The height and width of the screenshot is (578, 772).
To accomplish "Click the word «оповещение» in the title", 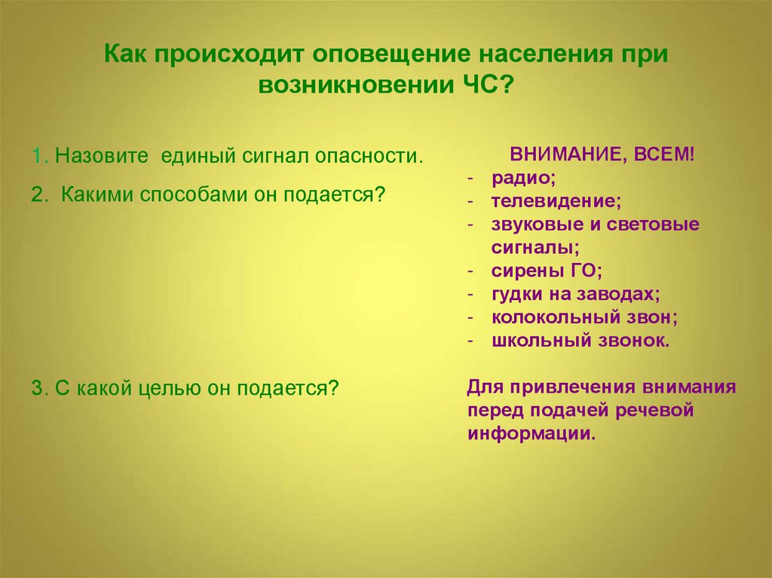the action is click(x=391, y=55).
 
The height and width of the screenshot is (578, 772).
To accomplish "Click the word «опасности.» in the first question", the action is click(x=369, y=157).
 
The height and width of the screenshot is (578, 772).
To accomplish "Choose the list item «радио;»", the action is click(x=523, y=179).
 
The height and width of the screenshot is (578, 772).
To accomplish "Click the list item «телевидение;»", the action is click(x=556, y=201).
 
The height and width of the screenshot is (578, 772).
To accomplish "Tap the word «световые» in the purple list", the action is click(x=653, y=225).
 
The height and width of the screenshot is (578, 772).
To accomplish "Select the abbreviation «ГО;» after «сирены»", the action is click(x=587, y=271).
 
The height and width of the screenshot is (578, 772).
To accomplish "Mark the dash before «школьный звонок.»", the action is click(x=470, y=341).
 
